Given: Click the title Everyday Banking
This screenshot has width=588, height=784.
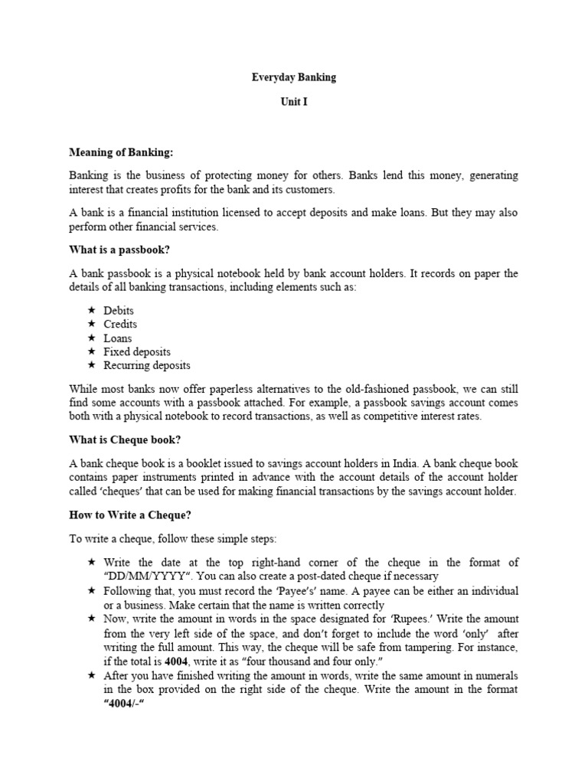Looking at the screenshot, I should tap(294, 77).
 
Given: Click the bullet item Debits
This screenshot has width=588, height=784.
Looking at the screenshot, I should tap(119, 311).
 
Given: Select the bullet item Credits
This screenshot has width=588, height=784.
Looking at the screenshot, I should tap(120, 325).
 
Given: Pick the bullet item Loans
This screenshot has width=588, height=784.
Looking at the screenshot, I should tap(118, 338).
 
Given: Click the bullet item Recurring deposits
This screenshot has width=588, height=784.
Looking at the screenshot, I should tap(147, 366).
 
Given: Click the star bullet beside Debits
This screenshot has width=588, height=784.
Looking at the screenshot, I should tap(91, 311).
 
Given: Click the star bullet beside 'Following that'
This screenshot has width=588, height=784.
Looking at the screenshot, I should tap(91, 591).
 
